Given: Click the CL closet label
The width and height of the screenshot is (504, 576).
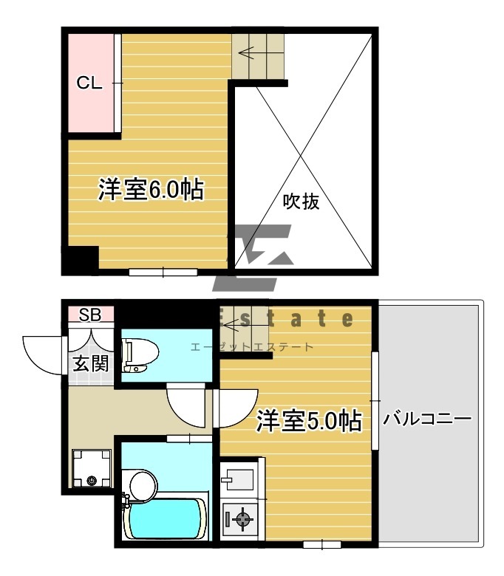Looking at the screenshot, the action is tap(89, 83).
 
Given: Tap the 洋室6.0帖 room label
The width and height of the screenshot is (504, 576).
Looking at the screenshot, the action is tap(151, 190).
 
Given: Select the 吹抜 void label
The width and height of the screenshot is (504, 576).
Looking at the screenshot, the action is tap(301, 202).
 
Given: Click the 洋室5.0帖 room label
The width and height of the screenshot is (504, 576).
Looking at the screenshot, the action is tap(309, 420).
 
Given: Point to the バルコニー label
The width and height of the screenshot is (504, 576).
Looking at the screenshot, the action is tap(427, 419).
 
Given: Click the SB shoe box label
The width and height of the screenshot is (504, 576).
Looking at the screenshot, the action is tap(90, 315).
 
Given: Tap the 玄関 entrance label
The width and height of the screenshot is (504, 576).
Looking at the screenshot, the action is tap(91, 363).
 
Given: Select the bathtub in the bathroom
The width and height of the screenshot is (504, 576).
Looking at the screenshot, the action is tap(165, 519).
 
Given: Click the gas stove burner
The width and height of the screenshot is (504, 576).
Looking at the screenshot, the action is tap(242, 519).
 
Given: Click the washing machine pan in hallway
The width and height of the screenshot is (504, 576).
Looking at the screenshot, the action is tap(92, 468).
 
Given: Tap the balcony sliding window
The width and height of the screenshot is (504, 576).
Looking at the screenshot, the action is tap(375, 400).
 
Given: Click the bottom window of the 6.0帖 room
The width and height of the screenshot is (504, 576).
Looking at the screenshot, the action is tap(163, 272).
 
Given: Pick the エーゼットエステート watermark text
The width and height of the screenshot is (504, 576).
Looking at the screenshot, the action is tap(252, 347).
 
